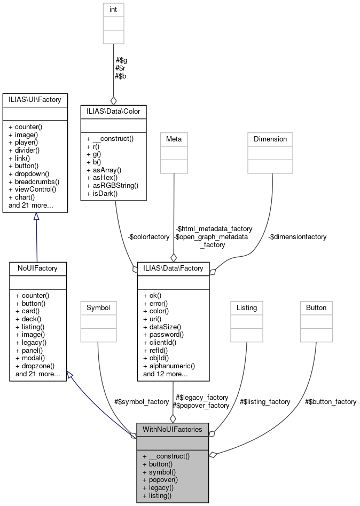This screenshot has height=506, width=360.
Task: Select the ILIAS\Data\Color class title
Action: tap(113, 110)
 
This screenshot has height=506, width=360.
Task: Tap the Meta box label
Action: tap(174, 139)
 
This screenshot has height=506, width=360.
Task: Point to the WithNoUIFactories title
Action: tap(173, 429)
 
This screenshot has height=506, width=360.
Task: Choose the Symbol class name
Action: tap(98, 307)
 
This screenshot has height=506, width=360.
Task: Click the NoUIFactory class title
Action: tap(37, 267)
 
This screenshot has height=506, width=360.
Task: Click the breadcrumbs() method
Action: tap(33, 182)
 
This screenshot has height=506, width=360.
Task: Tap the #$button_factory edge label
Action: tap(330, 401)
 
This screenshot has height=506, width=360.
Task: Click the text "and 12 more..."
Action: tap(165, 374)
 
